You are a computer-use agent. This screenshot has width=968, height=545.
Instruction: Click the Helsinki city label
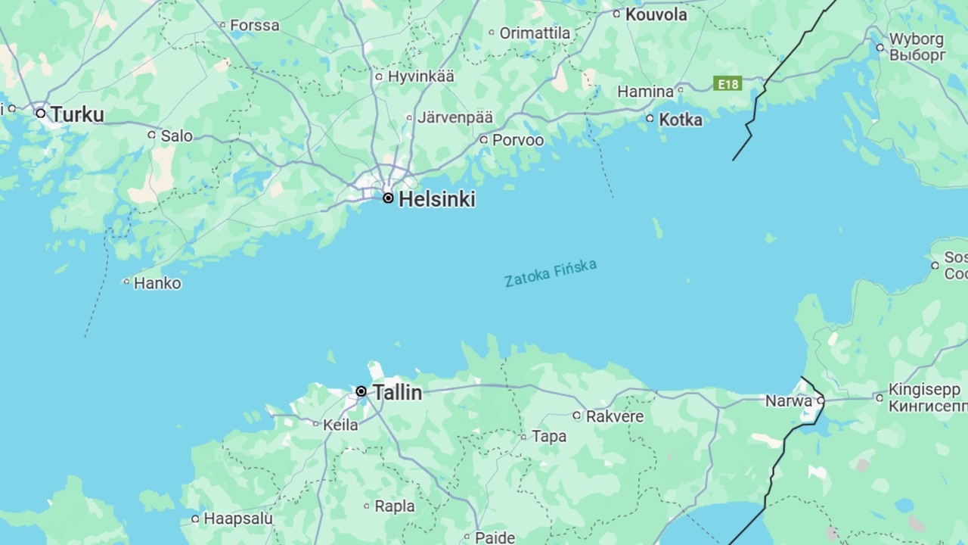tap(436, 199)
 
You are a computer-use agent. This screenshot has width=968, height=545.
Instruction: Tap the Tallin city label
tap(397, 392)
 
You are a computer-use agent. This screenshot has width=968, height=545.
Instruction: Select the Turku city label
tap(77, 114)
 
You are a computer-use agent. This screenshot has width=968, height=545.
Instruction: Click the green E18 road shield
tap(728, 83)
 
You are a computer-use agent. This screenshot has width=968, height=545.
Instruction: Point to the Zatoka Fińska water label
tap(551, 273)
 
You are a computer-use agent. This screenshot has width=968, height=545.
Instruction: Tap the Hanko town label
tap(157, 284)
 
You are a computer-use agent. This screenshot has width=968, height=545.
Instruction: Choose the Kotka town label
tap(680, 120)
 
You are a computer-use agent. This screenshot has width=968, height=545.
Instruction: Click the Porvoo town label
tap(517, 140)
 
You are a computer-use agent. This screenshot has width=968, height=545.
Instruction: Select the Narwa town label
tap(788, 401)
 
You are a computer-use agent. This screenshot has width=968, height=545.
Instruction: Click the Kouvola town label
tap(656, 14)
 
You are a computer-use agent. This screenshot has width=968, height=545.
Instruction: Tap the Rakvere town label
tap(614, 416)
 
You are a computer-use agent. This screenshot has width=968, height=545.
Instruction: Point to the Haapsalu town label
tap(237, 519)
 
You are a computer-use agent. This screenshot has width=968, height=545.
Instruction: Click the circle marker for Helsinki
tap(388, 198)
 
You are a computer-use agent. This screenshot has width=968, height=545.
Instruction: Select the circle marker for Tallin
tap(361, 391)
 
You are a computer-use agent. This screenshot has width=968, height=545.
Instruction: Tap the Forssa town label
tap(254, 26)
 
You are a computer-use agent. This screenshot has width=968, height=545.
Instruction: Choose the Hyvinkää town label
tap(420, 76)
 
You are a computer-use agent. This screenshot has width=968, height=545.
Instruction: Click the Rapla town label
tap(394, 506)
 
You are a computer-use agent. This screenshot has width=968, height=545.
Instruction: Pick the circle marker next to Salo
tap(151, 135)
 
